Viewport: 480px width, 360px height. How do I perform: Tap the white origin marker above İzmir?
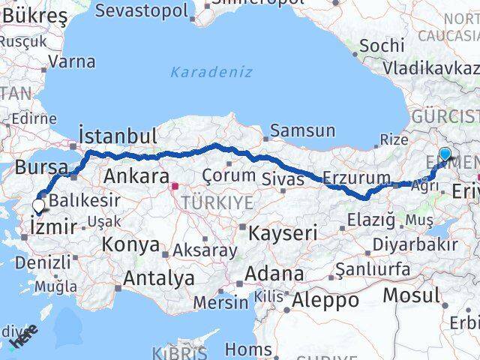click(x=38, y=204)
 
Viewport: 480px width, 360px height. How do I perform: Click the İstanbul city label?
click(x=118, y=136)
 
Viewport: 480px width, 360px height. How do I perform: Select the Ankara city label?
click(x=136, y=176)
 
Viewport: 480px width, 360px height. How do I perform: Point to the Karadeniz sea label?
click(x=211, y=72)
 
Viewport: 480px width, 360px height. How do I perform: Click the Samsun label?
click(x=302, y=130)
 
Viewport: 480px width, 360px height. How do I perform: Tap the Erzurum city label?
click(x=356, y=178)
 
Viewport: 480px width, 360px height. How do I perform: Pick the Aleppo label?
click(x=325, y=300)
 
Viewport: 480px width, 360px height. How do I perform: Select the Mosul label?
click(x=411, y=295)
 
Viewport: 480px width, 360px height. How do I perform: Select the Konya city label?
click(x=130, y=244)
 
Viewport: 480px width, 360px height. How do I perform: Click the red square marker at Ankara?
click(x=175, y=185)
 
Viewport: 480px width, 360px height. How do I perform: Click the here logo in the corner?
click(x=23, y=335)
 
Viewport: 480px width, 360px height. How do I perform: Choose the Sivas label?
click(x=283, y=178)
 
